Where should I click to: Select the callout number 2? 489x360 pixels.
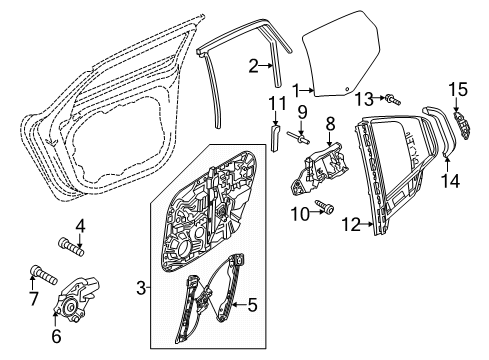(254, 66)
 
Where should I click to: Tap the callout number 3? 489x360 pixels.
(142, 289)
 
